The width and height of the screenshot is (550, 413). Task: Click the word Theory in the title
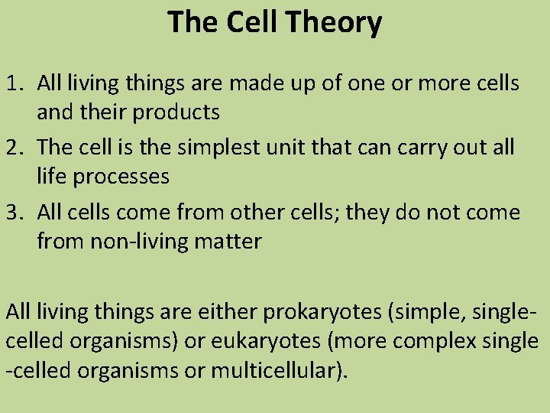(337, 23)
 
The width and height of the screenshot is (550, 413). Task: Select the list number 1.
(13, 83)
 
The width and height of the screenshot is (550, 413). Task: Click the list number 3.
(13, 212)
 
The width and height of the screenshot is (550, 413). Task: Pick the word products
(176, 113)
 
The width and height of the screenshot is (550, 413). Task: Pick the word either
(222, 311)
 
